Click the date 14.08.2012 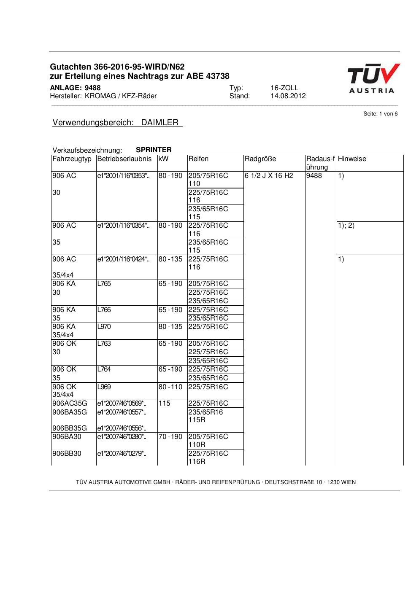[x=288, y=96]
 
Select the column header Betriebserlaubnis [x=124, y=159]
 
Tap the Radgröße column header [x=260, y=159]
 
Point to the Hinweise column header [x=352, y=159]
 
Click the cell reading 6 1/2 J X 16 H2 [x=269, y=175]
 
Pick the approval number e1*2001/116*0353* [x=123, y=176]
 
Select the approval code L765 [x=104, y=284]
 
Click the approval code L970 [x=104, y=327]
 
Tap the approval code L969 [x=104, y=387]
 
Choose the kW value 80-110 [x=170, y=387]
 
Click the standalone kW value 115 [x=165, y=404]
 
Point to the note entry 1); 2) [x=346, y=226]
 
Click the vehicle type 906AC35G [x=70, y=404]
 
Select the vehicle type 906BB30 [x=67, y=454]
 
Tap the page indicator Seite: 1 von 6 [x=380, y=114]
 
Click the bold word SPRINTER [x=154, y=150]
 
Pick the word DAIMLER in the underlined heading [x=160, y=123]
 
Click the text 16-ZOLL [x=284, y=88]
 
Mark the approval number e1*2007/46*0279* [x=122, y=454]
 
